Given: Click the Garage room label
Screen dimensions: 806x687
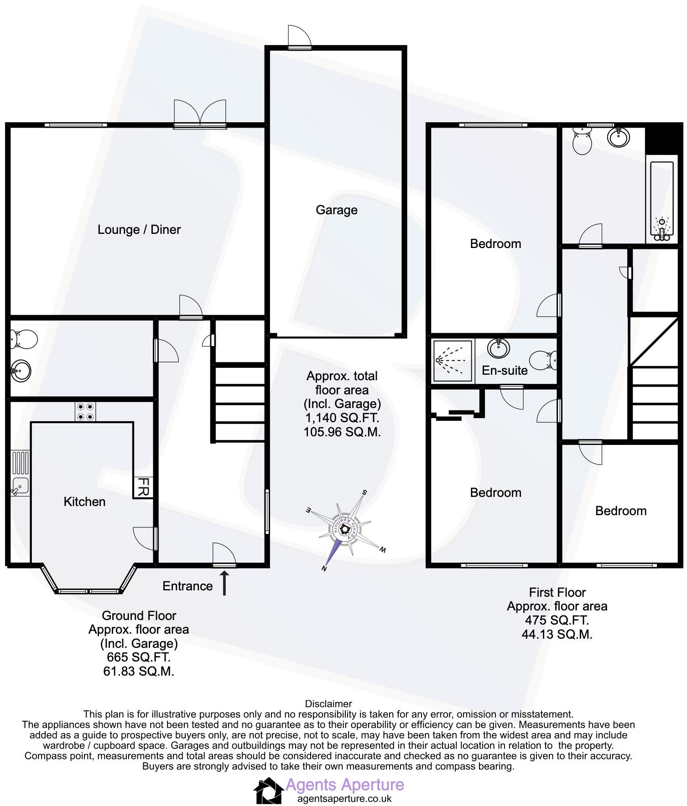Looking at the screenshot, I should click(336, 210).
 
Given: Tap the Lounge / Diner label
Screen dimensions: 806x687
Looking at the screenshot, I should click(139, 229).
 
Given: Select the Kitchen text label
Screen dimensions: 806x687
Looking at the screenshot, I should click(84, 501).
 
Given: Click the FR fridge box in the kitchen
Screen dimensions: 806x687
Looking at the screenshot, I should click(143, 487).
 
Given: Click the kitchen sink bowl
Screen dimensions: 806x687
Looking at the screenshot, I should click(20, 486).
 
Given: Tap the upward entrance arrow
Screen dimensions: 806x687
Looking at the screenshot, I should click(224, 584).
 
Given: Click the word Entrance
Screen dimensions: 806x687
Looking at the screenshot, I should click(187, 586).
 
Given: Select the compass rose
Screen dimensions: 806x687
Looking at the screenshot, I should click(345, 529).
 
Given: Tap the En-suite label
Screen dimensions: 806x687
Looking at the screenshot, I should click(505, 370).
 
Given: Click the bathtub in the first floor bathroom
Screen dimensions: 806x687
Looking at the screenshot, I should click(661, 201).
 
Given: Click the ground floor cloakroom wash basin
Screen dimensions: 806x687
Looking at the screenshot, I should click(21, 370).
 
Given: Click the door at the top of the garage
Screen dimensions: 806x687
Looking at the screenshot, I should click(299, 38).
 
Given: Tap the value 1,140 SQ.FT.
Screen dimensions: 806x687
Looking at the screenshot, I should click(342, 418).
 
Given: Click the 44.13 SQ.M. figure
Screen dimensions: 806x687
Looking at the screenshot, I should click(557, 634).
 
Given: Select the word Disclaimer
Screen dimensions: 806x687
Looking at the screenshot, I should click(328, 703).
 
